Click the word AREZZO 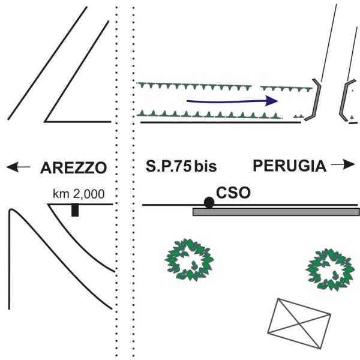pyautogui.click(x=73, y=167)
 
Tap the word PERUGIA pyautogui.click(x=287, y=166)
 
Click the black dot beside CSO pyautogui.click(x=209, y=202)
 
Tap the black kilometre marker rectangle pyautogui.click(x=75, y=210)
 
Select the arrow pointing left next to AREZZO pyautogui.click(x=18, y=167)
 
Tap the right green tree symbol pyautogui.click(x=329, y=268)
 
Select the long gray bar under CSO pyautogui.click(x=276, y=212)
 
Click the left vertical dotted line pyautogui.click(x=118, y=180)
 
